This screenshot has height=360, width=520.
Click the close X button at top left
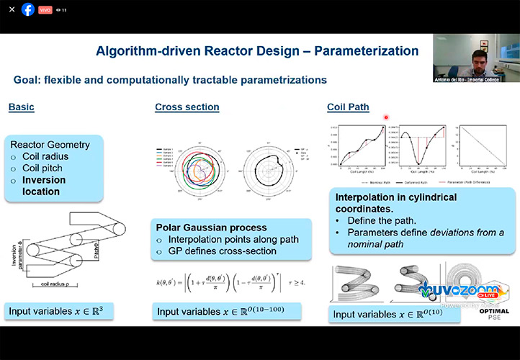click(12, 9)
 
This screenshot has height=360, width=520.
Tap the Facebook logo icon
click(28, 9)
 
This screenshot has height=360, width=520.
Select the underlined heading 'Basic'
click(21, 107)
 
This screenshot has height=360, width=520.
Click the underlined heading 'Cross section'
click(187, 107)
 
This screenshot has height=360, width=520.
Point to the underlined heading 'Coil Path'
click(348, 107)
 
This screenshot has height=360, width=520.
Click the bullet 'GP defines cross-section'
click(222, 250)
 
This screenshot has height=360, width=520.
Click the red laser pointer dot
click(387, 117)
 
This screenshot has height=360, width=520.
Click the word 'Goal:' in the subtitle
click(27, 79)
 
